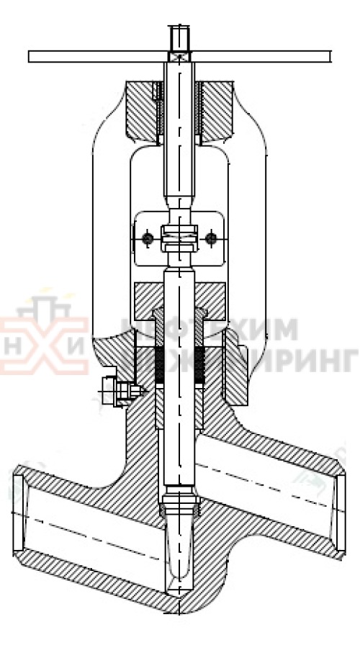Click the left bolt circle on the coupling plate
(x=147, y=238)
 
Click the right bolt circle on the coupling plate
(x=211, y=238)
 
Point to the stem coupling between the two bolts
(x=179, y=238)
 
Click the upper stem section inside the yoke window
(x=179, y=173)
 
